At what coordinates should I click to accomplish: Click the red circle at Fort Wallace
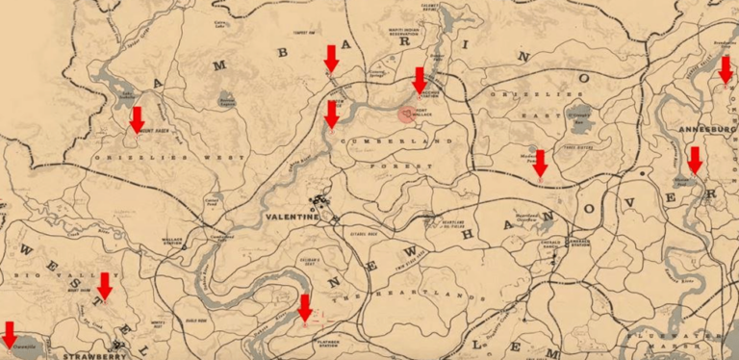[x=407, y=115]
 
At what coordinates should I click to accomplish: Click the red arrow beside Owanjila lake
[x=10, y=333]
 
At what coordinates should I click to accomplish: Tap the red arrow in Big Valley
[x=105, y=286]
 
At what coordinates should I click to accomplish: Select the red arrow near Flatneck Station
[x=305, y=308]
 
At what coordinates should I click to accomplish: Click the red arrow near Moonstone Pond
[x=541, y=163]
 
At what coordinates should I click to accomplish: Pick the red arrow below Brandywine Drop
[x=726, y=68]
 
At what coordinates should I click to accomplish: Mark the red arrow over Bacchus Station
[x=419, y=80]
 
